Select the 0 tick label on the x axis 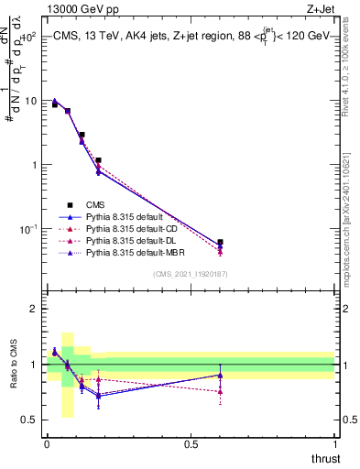pos(47,444)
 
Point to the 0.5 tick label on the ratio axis pos(28,421)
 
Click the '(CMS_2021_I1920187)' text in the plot pos(191,273)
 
